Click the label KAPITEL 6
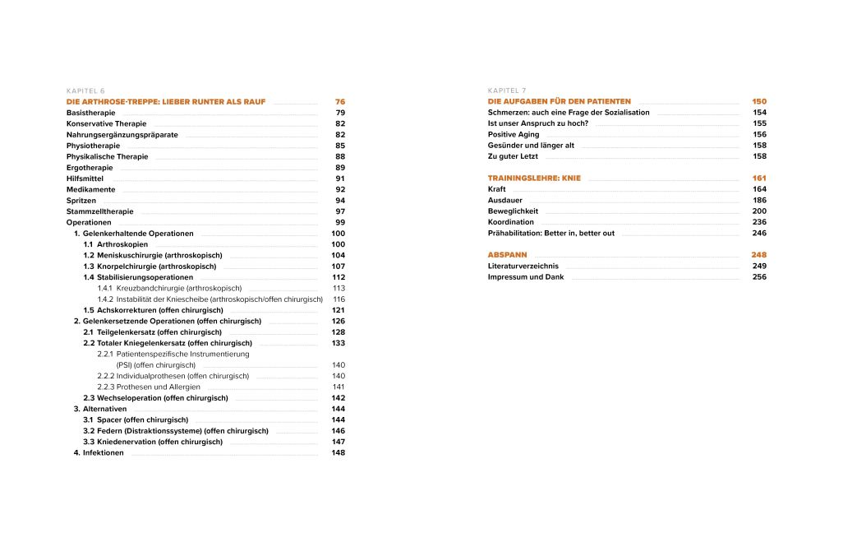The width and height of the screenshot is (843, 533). point(85,90)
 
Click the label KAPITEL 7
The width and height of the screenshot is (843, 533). point(507,90)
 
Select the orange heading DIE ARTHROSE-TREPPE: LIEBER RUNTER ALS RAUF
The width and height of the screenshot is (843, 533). point(166,101)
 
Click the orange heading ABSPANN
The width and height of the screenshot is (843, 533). point(508,255)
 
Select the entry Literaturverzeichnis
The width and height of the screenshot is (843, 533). point(523,266)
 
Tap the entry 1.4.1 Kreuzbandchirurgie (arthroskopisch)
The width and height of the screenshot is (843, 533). point(169,288)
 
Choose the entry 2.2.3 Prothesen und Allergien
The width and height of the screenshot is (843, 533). point(149,387)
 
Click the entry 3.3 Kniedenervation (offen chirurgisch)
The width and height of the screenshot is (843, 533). point(153,442)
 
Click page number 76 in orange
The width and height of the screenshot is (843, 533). point(339,101)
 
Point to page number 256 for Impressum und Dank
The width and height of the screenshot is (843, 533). point(759,277)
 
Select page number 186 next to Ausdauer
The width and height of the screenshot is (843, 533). point(759,200)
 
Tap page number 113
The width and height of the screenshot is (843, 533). point(339,288)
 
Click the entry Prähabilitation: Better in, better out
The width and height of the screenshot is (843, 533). point(551,233)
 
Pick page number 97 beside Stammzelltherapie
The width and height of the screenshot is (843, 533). point(339,211)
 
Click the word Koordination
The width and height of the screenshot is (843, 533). point(511,222)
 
